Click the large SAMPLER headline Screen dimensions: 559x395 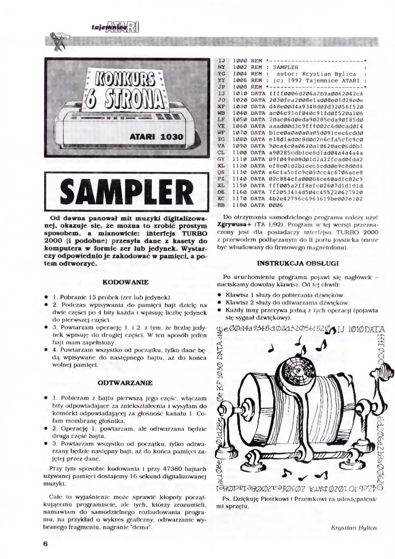pyautogui.click(x=127, y=192)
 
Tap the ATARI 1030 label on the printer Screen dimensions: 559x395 pyautogui.click(x=156, y=136)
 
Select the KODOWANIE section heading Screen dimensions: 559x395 pyautogui.click(x=125, y=282)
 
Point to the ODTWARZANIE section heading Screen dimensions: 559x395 pyautogui.click(x=125, y=383)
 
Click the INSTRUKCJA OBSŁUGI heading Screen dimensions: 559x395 pyautogui.click(x=298, y=263)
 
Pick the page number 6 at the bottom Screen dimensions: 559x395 pyautogui.click(x=45, y=544)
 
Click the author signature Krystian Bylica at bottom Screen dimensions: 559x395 pyautogui.click(x=354, y=528)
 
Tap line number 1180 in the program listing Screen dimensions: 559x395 pyautogui.click(x=239, y=205)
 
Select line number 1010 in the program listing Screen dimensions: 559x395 pyautogui.click(x=239, y=93)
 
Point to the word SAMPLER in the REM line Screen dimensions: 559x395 pyautogui.click(x=285, y=67)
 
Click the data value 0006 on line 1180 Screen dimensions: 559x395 pyautogui.click(x=276, y=205)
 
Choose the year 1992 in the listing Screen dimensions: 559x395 pyautogui.click(x=295, y=81)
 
